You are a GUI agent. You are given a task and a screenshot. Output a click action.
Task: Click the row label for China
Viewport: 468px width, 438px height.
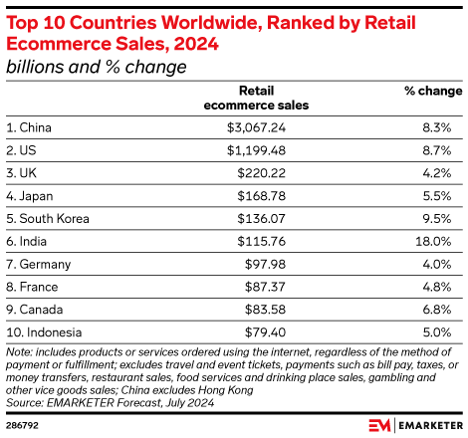(29, 127)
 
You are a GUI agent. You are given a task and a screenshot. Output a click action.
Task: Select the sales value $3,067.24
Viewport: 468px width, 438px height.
(280, 127)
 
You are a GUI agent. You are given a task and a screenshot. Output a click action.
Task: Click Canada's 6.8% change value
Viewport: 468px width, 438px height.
(445, 309)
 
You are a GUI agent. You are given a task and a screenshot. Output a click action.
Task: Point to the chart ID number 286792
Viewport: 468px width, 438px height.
(22, 423)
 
